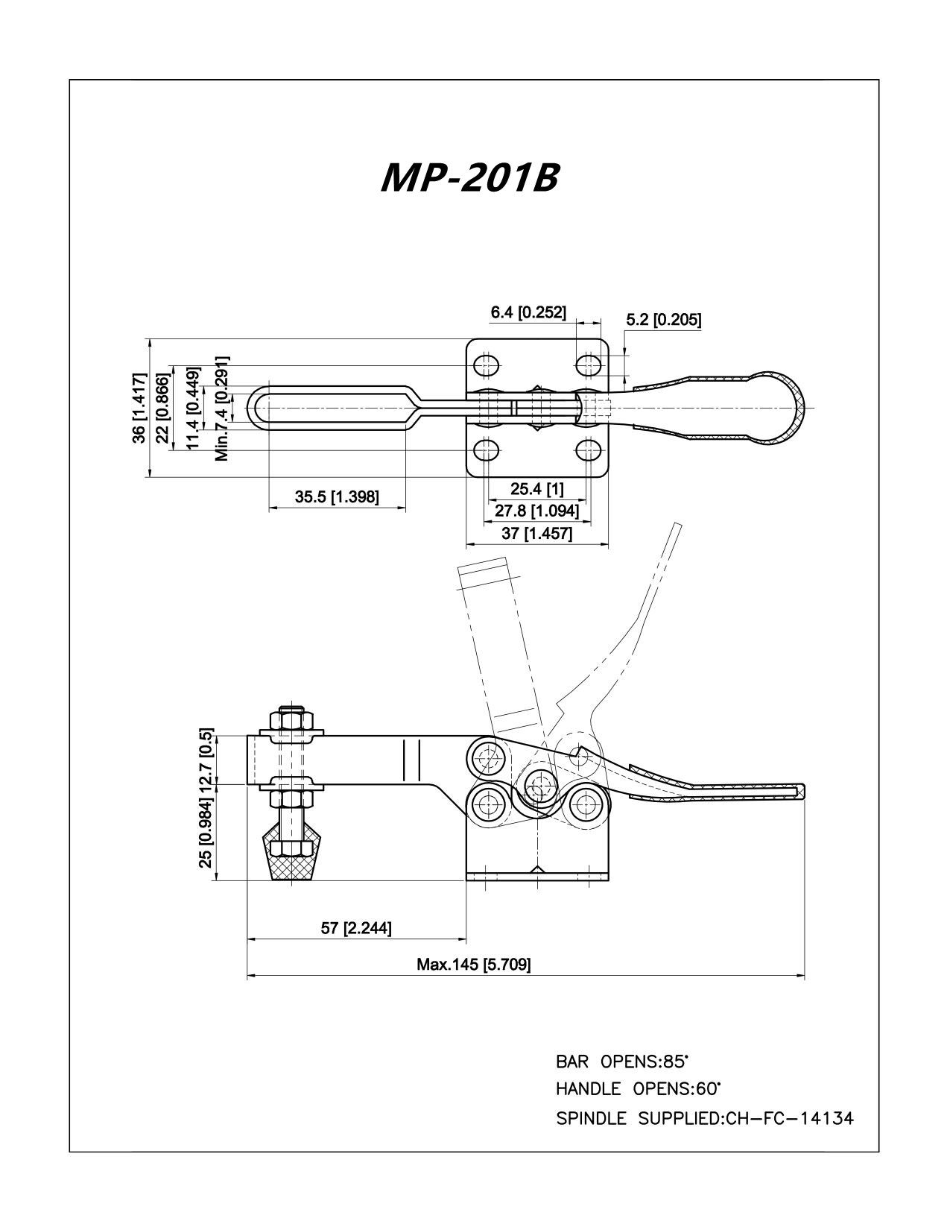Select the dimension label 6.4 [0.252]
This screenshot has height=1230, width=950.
click(528, 312)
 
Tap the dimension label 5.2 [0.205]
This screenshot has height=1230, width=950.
click(664, 320)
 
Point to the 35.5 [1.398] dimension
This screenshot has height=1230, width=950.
click(337, 497)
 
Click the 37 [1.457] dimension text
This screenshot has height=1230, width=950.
click(537, 533)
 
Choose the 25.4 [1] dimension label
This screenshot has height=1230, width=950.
click(537, 488)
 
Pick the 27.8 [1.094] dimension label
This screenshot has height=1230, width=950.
click(537, 511)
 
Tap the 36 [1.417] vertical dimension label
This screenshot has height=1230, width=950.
click(139, 408)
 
